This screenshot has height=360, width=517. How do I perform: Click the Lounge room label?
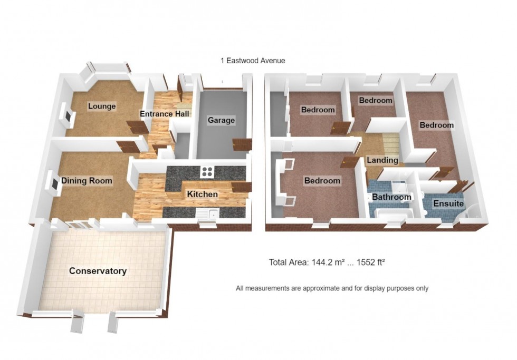102,106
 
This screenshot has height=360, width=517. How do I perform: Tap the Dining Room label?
87,180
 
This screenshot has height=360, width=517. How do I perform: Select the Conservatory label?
98,271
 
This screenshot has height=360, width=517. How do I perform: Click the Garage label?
221,120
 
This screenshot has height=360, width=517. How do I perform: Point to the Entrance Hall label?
165,114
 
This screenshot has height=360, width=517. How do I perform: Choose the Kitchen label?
203,194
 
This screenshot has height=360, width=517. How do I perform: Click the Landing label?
382,160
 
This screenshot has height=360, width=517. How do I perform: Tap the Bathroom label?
391,197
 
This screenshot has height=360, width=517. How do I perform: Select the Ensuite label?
448,203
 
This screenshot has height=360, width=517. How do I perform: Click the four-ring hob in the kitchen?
207,172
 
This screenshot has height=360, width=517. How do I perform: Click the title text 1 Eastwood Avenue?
253,61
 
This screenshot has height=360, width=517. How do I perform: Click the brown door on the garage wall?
242,144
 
